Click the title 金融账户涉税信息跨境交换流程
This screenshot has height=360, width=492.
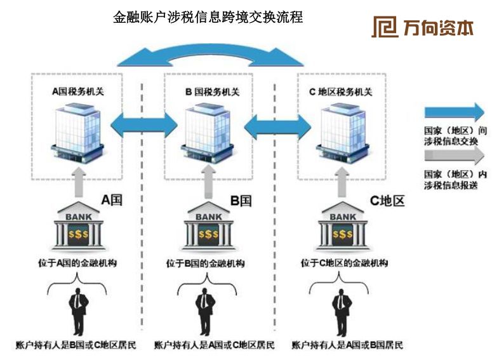coord(208,17)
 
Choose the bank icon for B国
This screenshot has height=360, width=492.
coord(209,227)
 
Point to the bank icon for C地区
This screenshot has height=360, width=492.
coord(343,227)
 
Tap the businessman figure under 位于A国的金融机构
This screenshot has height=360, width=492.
coord(77,311)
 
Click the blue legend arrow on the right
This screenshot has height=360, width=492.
coord(454,112)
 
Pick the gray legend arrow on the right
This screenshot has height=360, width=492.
coord(454,156)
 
